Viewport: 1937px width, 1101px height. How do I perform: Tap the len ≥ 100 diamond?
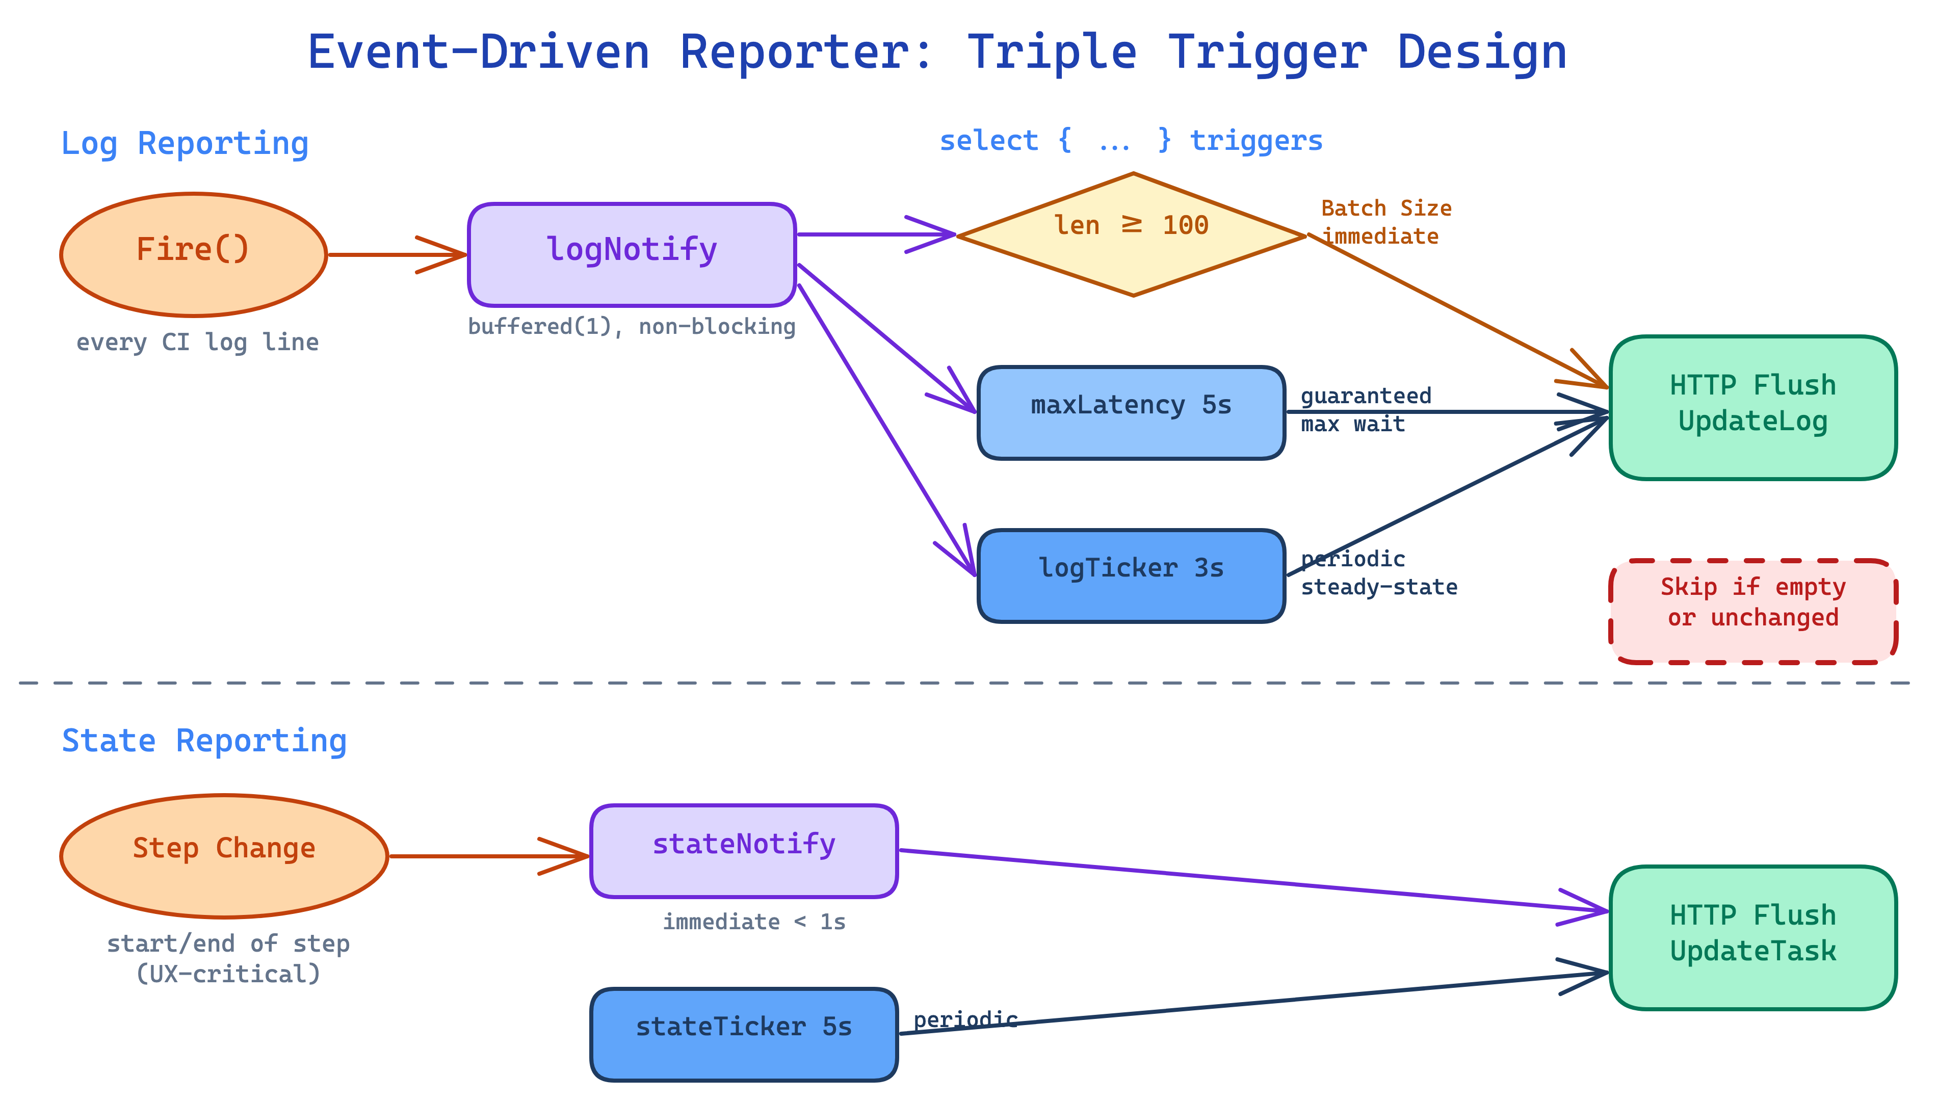(x=1132, y=234)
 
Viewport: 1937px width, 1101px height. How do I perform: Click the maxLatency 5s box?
(x=1131, y=412)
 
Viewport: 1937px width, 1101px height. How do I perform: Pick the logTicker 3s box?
(x=1131, y=575)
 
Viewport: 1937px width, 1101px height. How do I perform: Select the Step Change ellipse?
(x=224, y=855)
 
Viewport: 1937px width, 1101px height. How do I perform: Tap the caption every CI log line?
(x=197, y=342)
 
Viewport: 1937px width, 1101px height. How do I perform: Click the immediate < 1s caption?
(x=754, y=921)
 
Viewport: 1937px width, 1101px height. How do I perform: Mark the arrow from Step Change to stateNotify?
(x=484, y=855)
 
